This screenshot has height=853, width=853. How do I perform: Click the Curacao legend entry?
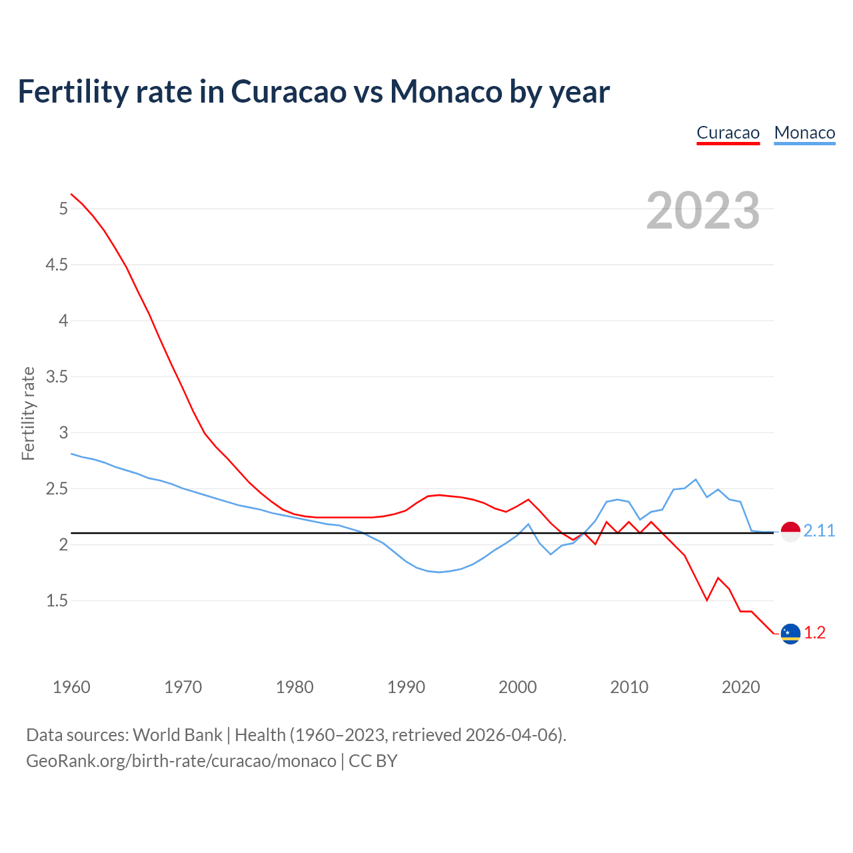point(728,133)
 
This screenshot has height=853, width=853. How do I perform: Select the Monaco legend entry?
point(804,133)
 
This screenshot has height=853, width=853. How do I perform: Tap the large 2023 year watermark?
point(703,211)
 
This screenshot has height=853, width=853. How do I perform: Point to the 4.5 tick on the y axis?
point(57,265)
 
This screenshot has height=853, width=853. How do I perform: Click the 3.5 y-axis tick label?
point(57,377)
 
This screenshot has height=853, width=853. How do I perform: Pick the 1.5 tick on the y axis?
point(57,601)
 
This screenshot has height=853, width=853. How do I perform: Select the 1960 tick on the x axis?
point(71,687)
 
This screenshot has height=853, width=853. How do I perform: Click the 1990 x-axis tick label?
point(406,687)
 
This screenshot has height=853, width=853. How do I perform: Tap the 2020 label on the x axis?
point(740,687)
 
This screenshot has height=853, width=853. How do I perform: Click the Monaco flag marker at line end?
point(790,532)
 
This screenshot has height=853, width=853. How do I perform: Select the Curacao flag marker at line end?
point(790,634)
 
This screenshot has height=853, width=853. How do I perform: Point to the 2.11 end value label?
point(819,531)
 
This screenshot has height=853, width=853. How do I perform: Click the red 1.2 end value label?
point(814,633)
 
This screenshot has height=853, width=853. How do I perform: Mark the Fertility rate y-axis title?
point(28,413)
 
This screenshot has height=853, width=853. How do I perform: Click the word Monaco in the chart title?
point(445,91)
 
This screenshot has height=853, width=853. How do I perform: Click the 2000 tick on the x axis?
point(517,687)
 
